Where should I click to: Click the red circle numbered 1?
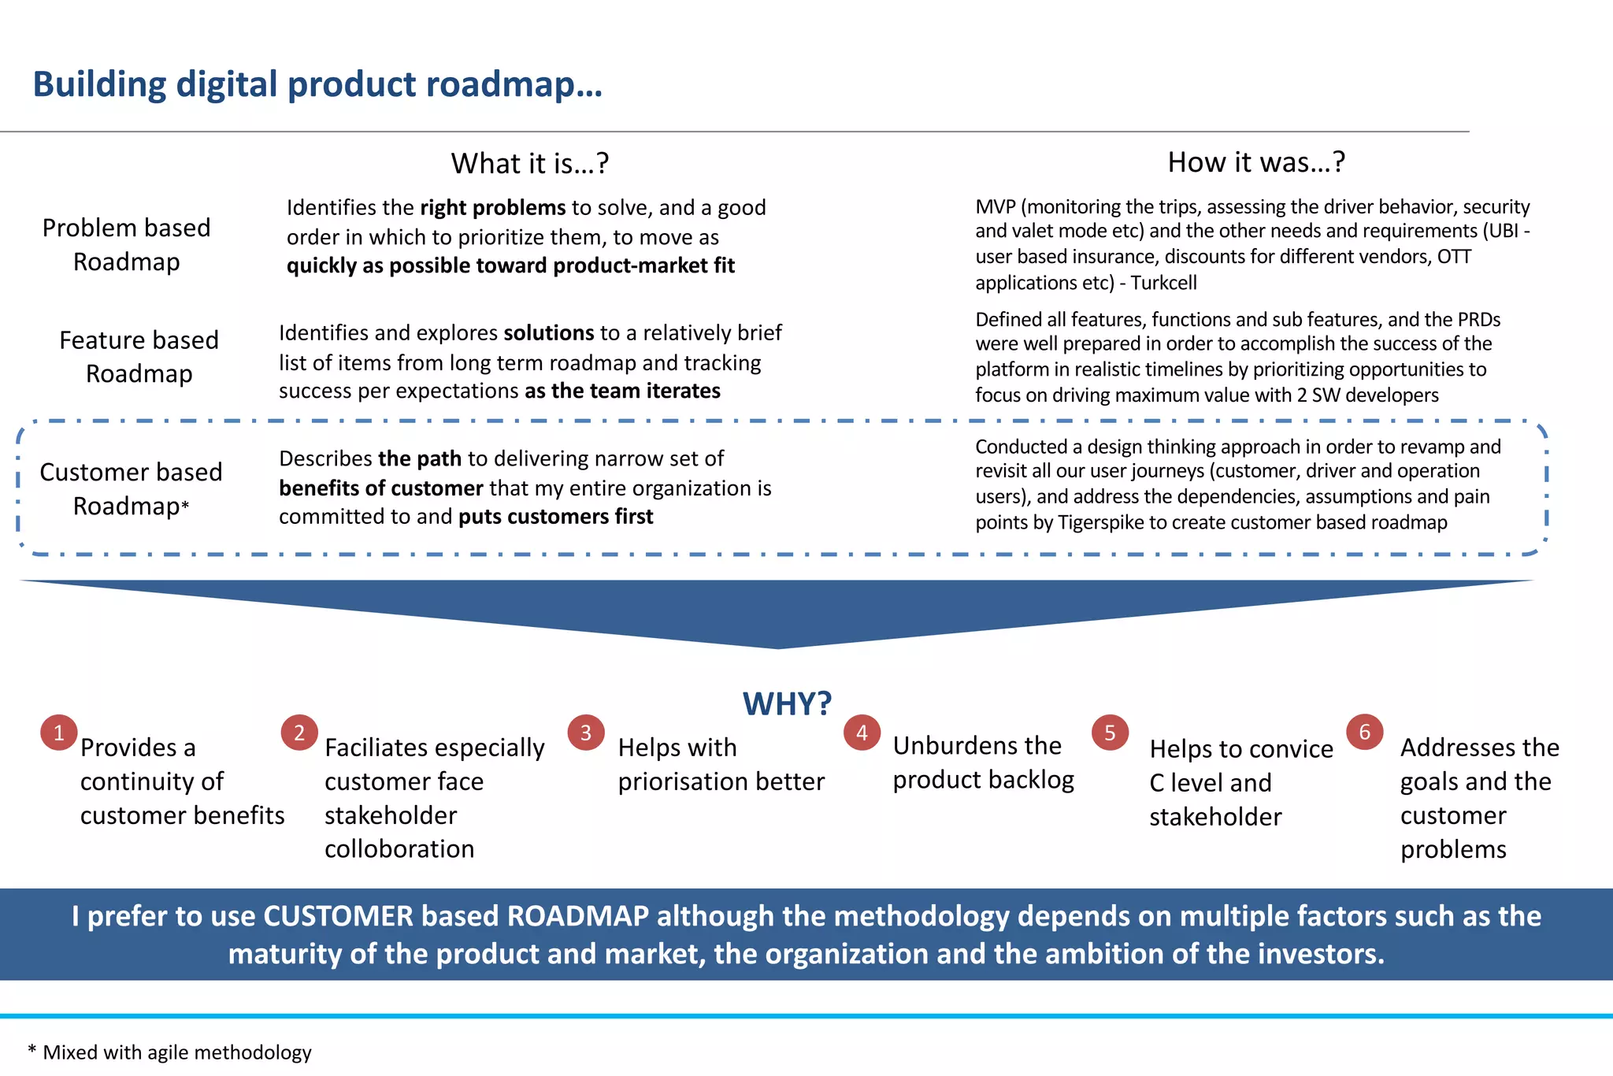(59, 733)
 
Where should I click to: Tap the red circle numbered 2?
(299, 733)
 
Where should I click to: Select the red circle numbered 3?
(586, 733)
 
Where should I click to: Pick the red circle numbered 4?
(862, 733)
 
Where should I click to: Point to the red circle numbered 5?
(1110, 733)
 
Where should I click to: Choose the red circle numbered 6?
(1365, 732)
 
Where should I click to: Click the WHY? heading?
(787, 703)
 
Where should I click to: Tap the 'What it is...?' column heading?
(530, 163)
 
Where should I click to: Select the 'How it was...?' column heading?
(1256, 161)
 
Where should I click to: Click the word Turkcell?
(1163, 282)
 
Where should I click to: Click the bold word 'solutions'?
(549, 332)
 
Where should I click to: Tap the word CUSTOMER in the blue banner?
(338, 916)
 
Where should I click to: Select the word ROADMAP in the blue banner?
(578, 916)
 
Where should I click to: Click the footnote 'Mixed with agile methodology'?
(177, 1052)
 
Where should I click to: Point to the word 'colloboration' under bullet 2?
(399, 849)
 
